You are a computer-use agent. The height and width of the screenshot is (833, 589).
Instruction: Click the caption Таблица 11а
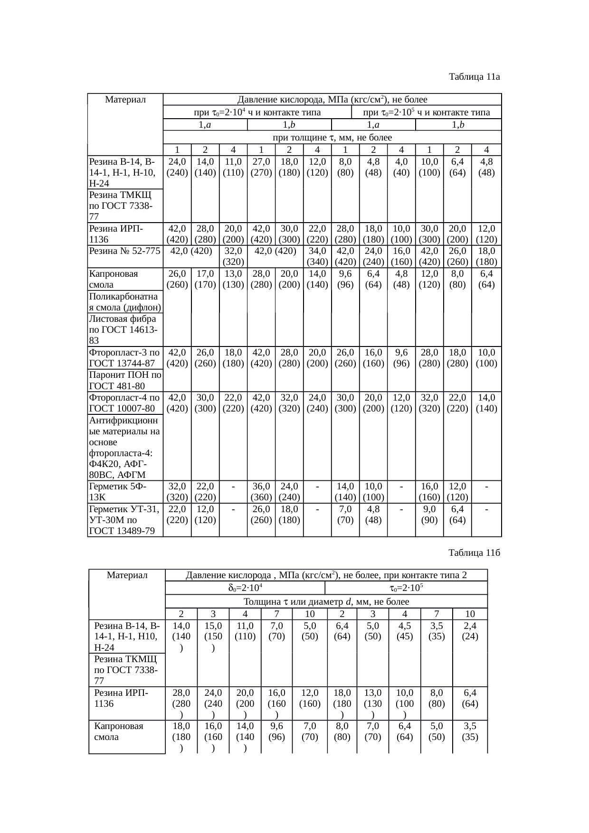point(475,76)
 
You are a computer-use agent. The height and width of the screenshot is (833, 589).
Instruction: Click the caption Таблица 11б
point(475,553)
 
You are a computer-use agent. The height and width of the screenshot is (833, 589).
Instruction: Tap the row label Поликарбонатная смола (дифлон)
point(124,301)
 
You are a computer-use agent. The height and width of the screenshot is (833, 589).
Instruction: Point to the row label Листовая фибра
point(124,330)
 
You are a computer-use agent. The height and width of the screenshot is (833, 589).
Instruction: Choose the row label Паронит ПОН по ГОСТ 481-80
point(124,381)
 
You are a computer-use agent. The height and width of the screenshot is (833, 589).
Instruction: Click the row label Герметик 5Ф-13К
point(124,492)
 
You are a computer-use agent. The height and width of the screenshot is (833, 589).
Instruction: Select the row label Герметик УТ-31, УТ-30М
point(124,520)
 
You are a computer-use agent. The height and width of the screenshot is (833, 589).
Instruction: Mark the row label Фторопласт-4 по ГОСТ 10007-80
point(124,403)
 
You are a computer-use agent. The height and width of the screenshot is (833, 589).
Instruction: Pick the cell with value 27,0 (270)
point(261,167)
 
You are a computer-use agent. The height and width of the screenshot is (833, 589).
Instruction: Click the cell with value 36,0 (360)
point(261,492)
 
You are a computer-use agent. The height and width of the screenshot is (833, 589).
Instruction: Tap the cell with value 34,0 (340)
point(317,256)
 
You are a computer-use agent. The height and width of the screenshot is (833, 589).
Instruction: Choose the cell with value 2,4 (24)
point(470,632)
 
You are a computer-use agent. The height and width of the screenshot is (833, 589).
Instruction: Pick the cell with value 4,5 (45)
point(404,632)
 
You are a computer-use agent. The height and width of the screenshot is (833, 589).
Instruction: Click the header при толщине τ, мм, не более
point(332,138)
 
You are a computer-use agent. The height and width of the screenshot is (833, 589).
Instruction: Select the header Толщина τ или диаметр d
point(326,602)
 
